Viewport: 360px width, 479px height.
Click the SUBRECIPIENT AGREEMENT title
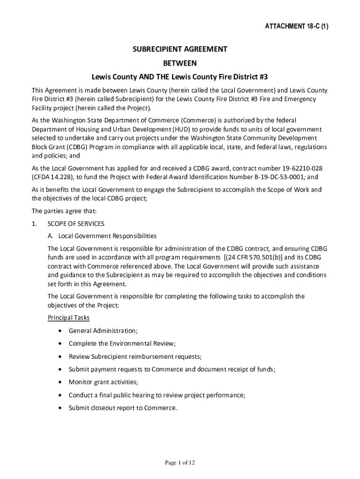pos(180,49)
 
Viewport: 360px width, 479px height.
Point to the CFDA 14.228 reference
pos(52,177)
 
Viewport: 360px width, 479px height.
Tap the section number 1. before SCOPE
pos(34,224)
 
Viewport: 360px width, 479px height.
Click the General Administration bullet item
pos(103,331)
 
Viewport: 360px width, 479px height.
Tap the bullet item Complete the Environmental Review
pos(122,344)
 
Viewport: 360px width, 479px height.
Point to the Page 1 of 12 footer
pos(180,463)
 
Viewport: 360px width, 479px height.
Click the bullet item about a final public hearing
pos(157,395)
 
